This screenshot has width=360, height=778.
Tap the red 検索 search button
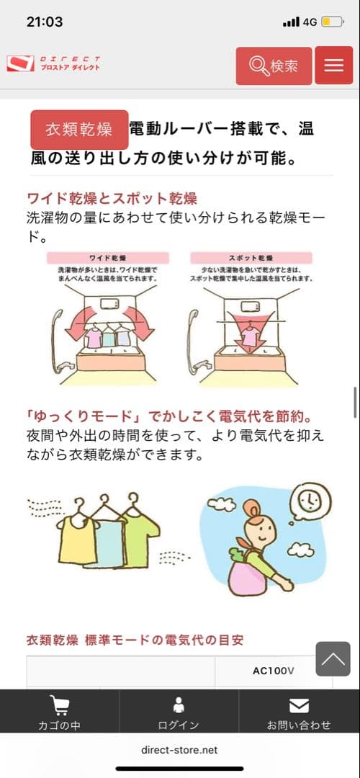pyautogui.click(x=274, y=66)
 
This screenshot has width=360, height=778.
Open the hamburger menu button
pyautogui.click(x=333, y=66)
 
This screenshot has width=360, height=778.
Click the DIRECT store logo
pyautogui.click(x=54, y=63)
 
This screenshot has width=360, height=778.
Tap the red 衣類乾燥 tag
pyautogui.click(x=79, y=130)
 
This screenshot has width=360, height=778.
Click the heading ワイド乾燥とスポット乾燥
pyautogui.click(x=112, y=198)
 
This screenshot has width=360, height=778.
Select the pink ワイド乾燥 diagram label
pyautogui.click(x=107, y=257)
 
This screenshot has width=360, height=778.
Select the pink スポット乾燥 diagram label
pyautogui.click(x=251, y=257)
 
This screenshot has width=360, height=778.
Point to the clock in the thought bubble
pyautogui.click(x=307, y=498)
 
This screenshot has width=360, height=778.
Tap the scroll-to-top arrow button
pyautogui.click(x=333, y=658)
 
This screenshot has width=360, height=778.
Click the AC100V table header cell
pyautogui.click(x=274, y=671)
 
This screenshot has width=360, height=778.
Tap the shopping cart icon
pyautogui.click(x=59, y=705)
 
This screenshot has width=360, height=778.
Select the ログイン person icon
pyautogui.click(x=179, y=705)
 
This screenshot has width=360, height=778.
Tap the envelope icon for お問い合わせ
pyautogui.click(x=298, y=705)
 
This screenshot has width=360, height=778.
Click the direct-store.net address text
pyautogui.click(x=179, y=750)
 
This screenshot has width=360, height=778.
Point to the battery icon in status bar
pyautogui.click(x=331, y=22)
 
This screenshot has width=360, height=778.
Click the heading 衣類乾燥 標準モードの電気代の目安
pyautogui.click(x=129, y=639)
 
